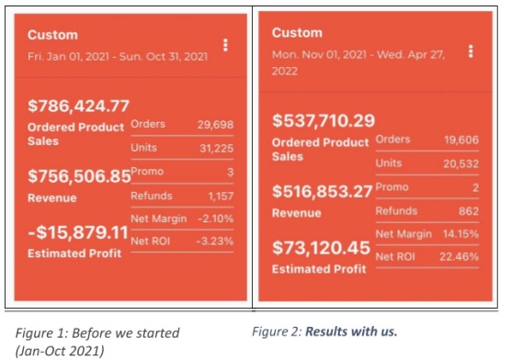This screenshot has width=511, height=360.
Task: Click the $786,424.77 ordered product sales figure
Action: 78,107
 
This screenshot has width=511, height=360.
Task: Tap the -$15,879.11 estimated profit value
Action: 78,232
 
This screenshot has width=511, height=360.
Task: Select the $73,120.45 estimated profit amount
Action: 321,248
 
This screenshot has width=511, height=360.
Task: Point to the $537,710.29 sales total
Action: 324,120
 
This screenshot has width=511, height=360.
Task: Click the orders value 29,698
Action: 215,125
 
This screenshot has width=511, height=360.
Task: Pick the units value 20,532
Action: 460,163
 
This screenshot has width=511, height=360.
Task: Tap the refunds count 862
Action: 469,211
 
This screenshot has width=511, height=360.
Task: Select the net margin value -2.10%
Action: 216,219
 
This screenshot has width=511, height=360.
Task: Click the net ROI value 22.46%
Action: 460,257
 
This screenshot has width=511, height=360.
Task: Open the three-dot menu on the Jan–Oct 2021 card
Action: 225,45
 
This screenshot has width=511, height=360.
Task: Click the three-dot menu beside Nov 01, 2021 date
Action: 471,51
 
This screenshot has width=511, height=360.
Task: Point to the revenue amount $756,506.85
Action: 79,176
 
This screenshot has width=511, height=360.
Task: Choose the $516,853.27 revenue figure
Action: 323,191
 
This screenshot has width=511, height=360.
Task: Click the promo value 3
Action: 230,172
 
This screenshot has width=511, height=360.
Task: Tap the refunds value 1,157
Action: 221,197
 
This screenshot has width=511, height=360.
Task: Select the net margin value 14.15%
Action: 460,234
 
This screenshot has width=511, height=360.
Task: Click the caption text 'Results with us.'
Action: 351,332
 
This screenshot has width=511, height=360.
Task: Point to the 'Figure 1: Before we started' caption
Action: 97,333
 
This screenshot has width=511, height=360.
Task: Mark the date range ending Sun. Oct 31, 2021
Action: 118,56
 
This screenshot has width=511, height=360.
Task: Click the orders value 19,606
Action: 461,140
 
